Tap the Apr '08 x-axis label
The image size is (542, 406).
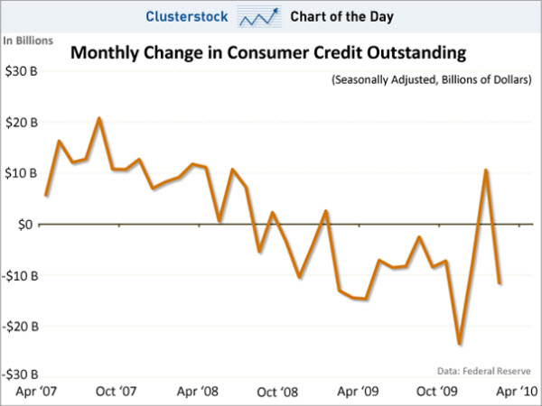[196, 392]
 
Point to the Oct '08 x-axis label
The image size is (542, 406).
[276, 392]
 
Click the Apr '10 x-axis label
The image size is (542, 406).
[517, 392]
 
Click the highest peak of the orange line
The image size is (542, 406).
[98, 118]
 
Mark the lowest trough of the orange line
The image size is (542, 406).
[460, 344]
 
